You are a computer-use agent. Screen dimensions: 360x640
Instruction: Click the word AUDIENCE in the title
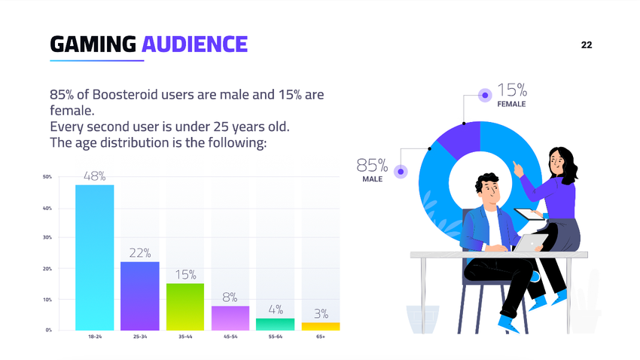tap(194, 44)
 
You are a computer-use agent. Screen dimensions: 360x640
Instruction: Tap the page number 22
tap(587, 45)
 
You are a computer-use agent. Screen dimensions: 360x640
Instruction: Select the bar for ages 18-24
tap(95, 257)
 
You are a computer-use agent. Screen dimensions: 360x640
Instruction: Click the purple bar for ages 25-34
tap(140, 295)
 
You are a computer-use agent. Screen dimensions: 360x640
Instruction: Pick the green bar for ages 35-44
tap(185, 306)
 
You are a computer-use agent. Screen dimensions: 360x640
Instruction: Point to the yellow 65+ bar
tap(321, 326)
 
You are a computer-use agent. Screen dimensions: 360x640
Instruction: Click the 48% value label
tap(95, 176)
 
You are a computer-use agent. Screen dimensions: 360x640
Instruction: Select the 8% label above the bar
tap(230, 297)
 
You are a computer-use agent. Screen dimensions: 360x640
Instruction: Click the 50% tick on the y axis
tap(47, 178)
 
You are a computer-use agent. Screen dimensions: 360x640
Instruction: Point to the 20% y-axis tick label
tap(47, 269)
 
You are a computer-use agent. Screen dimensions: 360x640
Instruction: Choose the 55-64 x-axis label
tap(276, 337)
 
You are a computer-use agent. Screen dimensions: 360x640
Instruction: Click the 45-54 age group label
tap(230, 337)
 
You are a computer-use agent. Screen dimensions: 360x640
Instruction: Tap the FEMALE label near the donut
tap(511, 105)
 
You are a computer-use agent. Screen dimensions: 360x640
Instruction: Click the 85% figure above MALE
tap(372, 165)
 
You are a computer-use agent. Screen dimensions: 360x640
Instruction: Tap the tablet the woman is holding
tap(527, 213)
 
